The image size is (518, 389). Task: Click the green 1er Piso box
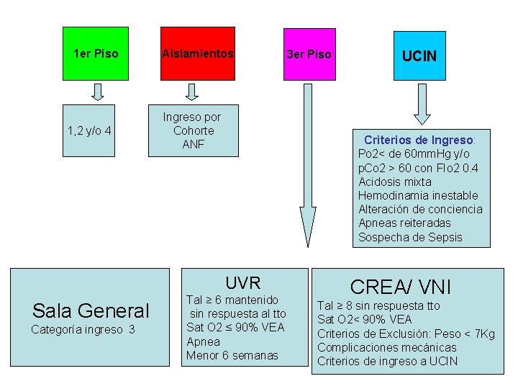tap(96, 53)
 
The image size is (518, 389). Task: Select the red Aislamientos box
tap(198, 53)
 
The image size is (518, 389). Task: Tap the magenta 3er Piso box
tap(309, 54)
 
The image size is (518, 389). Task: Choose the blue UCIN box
tap(419, 55)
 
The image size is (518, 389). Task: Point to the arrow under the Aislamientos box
tap(192, 91)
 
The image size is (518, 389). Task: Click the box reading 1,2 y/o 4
tap(88, 130)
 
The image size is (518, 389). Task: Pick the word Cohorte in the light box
tap(194, 130)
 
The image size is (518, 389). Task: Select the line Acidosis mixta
tap(395, 182)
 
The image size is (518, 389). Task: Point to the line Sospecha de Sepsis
tap(410, 237)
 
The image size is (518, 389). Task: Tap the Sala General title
tap(91, 310)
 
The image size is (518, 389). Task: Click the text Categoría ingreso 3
tap(83, 330)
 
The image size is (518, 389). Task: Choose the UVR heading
tap(242, 282)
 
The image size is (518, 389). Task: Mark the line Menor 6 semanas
tap(232, 355)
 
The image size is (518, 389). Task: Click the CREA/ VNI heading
tap(400, 287)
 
